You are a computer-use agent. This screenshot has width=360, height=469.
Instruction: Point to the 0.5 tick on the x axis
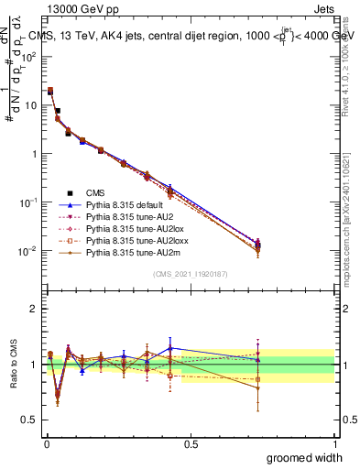pos(190,442)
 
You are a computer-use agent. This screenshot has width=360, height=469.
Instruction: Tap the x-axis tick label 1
pos(333,442)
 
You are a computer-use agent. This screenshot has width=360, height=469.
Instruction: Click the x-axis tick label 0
pos(46,442)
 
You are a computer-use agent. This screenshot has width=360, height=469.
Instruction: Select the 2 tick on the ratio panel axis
pos(33,308)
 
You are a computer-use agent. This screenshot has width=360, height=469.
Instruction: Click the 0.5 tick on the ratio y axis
pos(29,420)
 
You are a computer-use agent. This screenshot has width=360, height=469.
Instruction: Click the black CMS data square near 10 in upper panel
pos(57,111)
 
